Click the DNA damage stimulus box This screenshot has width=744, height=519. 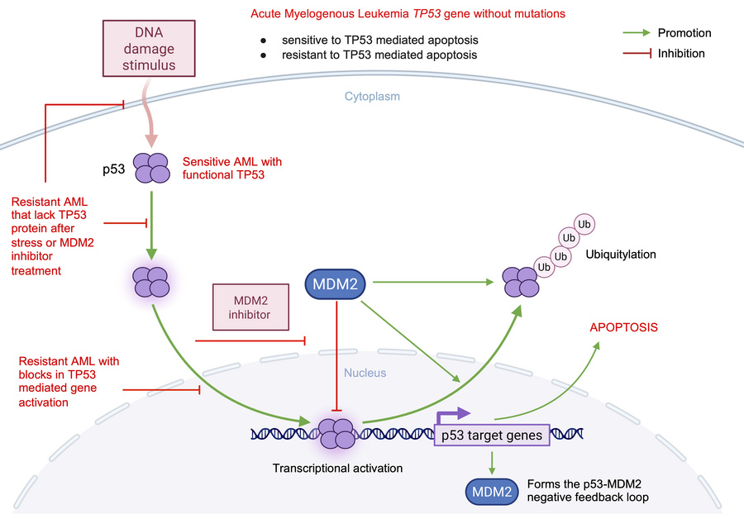click(x=150, y=48)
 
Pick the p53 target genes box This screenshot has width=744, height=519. click(x=491, y=435)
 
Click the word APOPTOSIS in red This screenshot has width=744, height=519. click(x=623, y=327)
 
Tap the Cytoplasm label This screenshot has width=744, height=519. click(x=372, y=97)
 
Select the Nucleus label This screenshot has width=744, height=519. click(x=365, y=373)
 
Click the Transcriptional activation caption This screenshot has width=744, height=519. click(x=337, y=468)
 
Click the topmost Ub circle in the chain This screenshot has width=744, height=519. click(x=585, y=223)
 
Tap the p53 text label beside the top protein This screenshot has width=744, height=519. click(x=113, y=169)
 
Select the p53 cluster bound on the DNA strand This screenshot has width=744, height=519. click(x=337, y=432)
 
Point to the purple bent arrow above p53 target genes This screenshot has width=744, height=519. click(x=454, y=415)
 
